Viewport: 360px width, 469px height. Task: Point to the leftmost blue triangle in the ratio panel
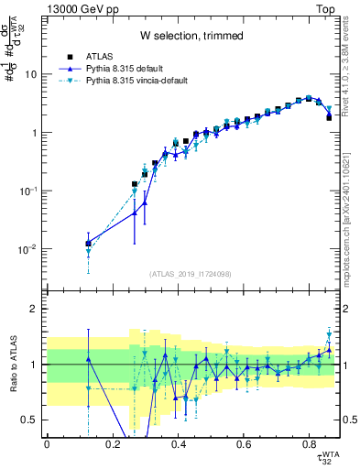click(x=88, y=358)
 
